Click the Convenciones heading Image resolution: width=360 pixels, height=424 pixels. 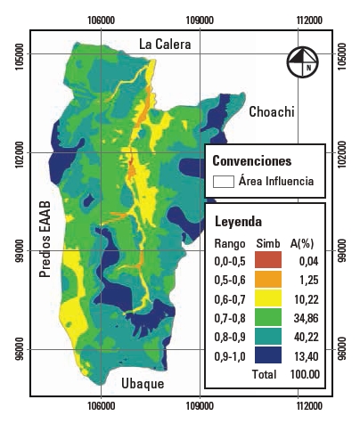pyautogui.click(x=252, y=161)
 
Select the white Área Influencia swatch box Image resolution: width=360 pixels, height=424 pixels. pyautogui.click(x=224, y=182)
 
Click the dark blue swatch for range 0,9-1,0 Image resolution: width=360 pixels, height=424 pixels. pyautogui.click(x=269, y=355)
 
